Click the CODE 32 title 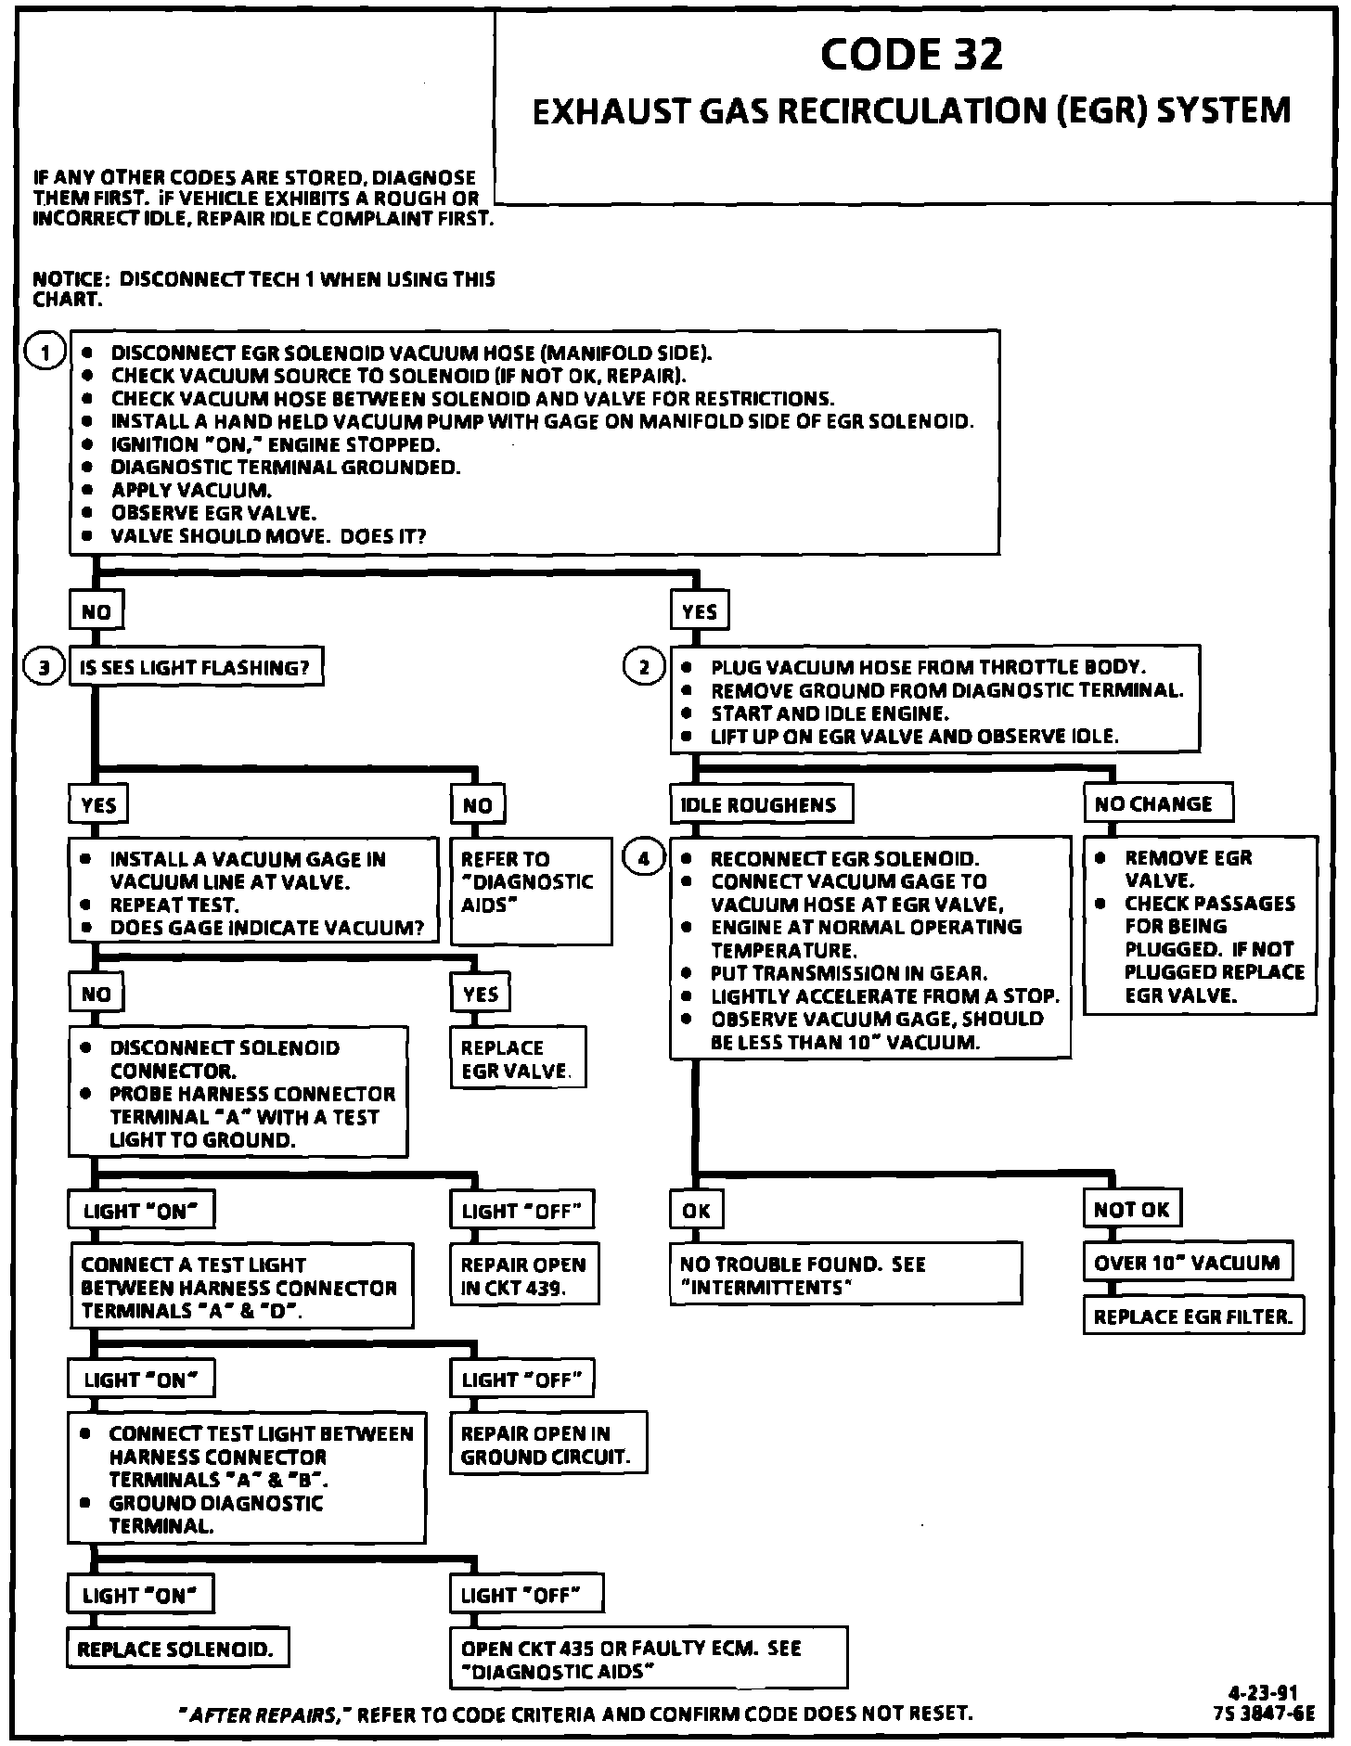click(x=911, y=56)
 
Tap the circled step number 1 click(x=45, y=353)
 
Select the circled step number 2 click(x=644, y=667)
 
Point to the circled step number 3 click(x=45, y=667)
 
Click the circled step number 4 click(x=644, y=858)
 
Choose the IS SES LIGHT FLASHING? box click(x=196, y=667)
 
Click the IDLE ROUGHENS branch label click(x=760, y=804)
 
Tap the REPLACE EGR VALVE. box click(x=519, y=1059)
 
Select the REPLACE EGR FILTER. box click(x=1192, y=1316)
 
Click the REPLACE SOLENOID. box click(x=176, y=1649)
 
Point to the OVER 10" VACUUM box click(x=1187, y=1263)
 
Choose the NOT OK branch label click(x=1132, y=1210)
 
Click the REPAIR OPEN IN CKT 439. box click(x=524, y=1276)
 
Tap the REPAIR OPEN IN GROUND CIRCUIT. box click(x=547, y=1444)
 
